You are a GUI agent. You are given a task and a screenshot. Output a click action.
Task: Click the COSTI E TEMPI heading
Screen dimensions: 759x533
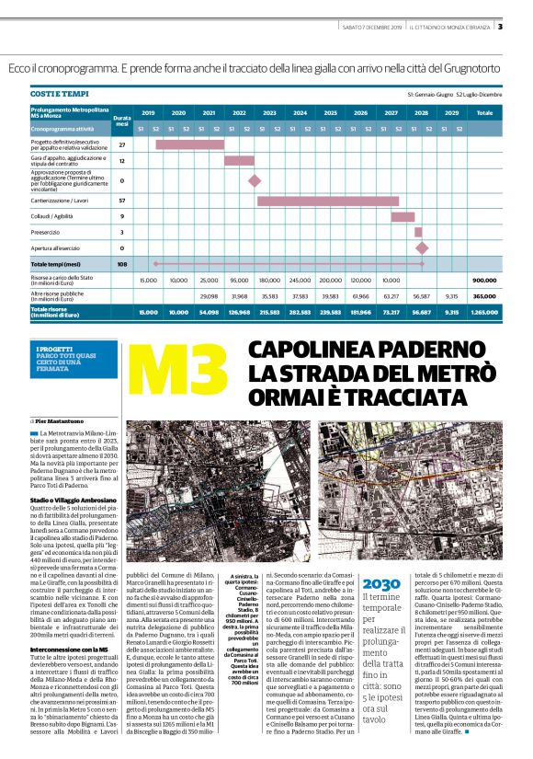tap(57, 95)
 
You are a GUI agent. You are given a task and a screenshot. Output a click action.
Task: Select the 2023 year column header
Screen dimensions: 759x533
tap(269, 112)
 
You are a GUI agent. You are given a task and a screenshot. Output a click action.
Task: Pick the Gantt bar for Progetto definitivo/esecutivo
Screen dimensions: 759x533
tap(189, 144)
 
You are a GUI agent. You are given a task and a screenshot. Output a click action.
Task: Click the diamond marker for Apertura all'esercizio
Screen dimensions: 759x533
tap(422, 247)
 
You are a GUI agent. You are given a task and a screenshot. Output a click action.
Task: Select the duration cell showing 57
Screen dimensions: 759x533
tap(121, 200)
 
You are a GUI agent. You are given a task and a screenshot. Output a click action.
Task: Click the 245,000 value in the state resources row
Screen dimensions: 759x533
tap(300, 280)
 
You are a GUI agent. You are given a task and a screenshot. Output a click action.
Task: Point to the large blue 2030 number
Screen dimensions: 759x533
tap(381, 558)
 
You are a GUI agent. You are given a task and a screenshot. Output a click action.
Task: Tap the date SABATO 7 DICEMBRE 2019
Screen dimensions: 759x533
tap(372, 26)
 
